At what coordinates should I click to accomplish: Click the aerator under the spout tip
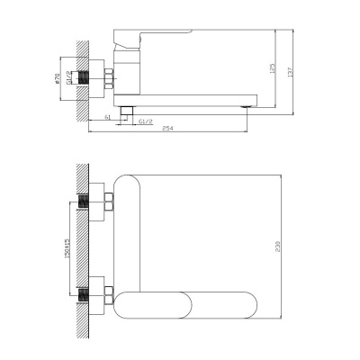(247, 105)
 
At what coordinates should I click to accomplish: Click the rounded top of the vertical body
(132, 184)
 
